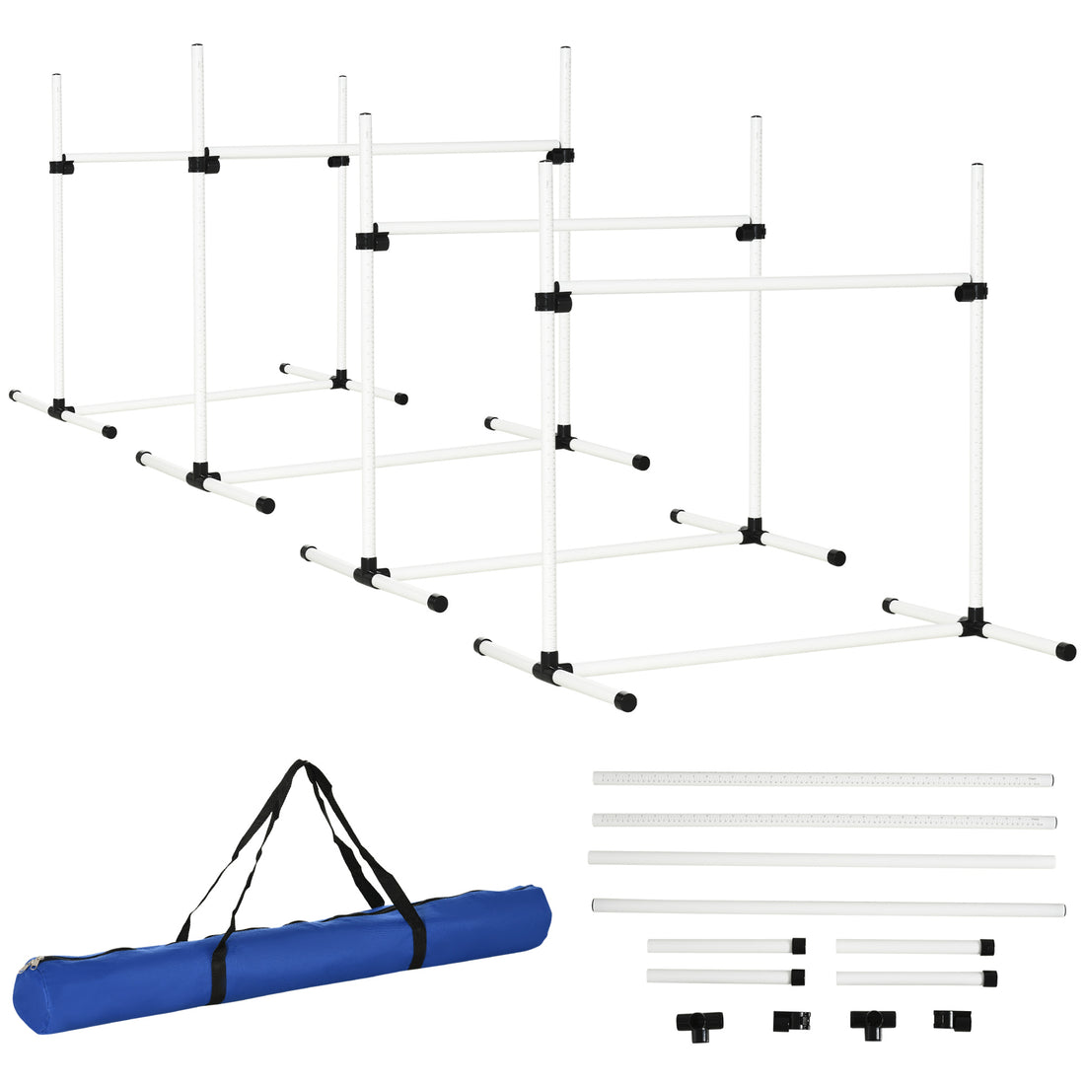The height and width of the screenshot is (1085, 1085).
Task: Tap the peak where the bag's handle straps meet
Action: tap(299, 765)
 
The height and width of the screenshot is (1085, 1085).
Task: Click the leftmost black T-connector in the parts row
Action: tap(694, 1021)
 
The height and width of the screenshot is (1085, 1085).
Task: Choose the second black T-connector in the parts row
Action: tap(872, 1021)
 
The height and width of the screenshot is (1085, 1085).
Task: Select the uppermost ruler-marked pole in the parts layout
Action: tap(824, 779)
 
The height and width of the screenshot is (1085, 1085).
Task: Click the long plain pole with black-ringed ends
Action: tap(829, 907)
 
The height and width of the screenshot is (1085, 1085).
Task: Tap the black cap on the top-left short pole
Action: tap(798, 946)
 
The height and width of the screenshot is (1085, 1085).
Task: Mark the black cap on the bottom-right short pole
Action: tap(988, 978)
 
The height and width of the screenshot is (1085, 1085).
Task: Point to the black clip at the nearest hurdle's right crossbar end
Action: tap(971, 292)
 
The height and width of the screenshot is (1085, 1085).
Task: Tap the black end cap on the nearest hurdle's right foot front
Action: tap(1065, 651)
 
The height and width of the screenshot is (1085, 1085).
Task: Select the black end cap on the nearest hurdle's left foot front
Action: tap(624, 702)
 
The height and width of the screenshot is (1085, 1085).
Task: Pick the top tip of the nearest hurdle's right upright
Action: tap(976, 167)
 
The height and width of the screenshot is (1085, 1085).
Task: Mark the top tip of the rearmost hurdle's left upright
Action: tap(56, 77)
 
